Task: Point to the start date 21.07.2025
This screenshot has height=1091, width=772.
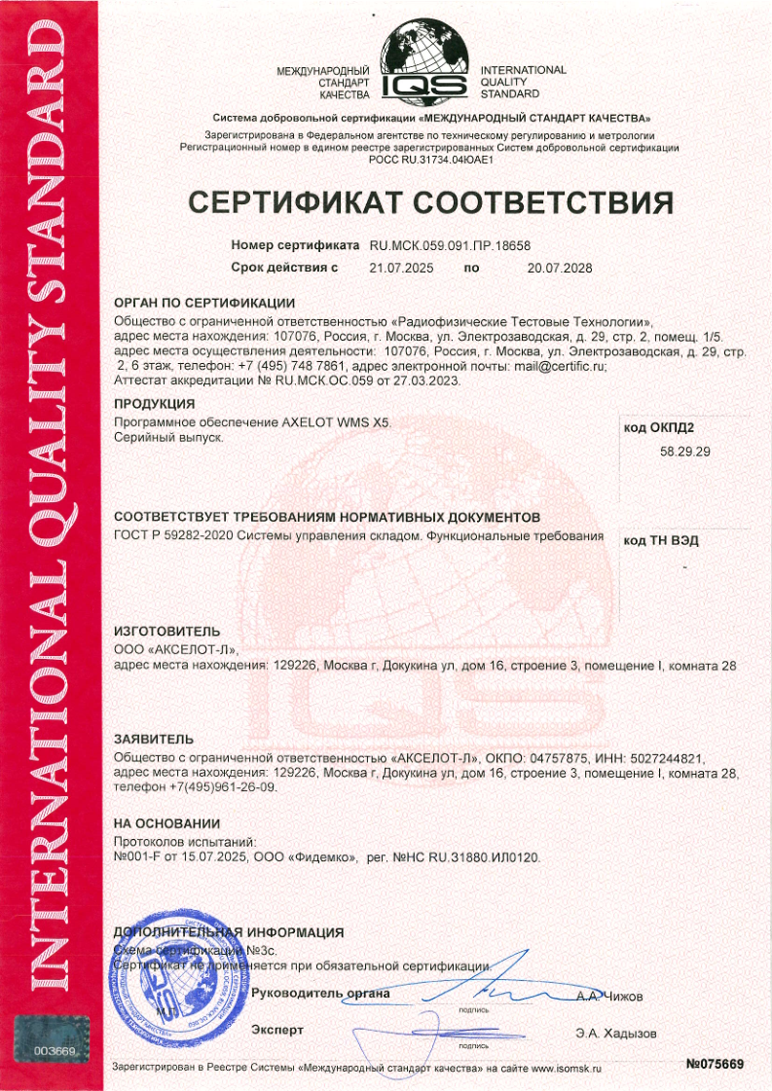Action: click(x=401, y=267)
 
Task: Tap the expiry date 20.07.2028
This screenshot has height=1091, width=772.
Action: click(x=559, y=267)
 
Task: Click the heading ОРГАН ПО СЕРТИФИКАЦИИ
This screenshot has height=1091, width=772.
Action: click(x=203, y=303)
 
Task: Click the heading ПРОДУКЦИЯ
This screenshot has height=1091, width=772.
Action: click(x=155, y=403)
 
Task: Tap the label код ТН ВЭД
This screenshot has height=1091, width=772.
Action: click(x=661, y=539)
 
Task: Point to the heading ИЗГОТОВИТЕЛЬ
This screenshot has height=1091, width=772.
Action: click(x=161, y=631)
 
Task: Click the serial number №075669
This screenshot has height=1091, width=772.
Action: click(x=715, y=1065)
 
